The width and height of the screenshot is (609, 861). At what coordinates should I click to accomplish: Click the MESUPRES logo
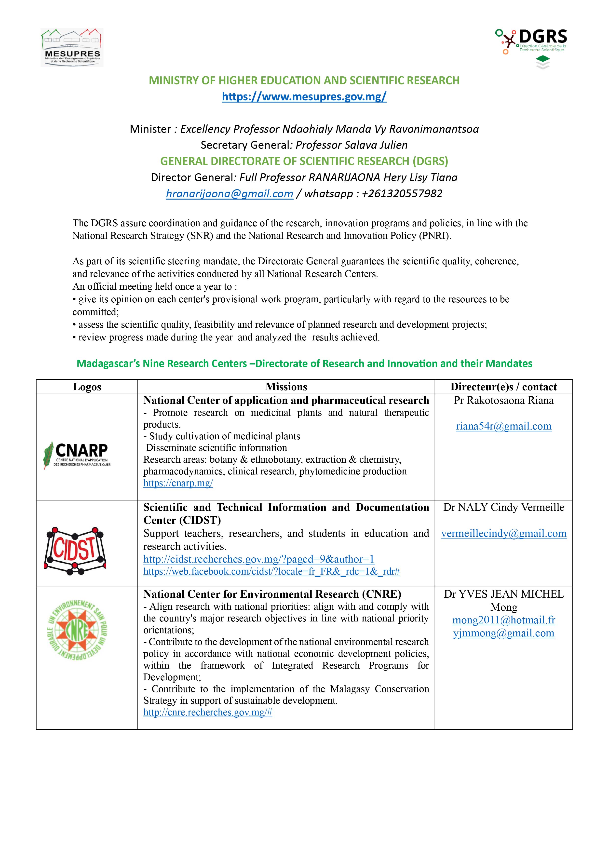click(72, 48)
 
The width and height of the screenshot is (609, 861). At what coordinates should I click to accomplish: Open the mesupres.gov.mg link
click(304, 97)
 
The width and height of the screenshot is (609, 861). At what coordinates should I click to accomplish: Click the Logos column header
click(87, 387)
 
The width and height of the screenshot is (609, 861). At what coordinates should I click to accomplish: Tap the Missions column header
click(286, 387)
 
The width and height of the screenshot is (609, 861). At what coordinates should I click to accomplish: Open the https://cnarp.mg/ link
click(178, 483)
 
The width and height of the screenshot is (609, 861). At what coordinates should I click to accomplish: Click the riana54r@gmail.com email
click(504, 426)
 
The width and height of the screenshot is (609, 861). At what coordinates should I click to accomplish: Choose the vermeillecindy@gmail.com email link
click(504, 533)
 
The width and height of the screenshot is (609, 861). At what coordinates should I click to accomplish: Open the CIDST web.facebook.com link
click(271, 571)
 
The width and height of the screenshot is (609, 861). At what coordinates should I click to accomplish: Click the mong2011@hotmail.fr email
click(504, 620)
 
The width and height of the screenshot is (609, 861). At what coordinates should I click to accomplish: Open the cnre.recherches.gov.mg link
click(208, 713)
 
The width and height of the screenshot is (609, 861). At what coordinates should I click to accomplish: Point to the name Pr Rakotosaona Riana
click(504, 401)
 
